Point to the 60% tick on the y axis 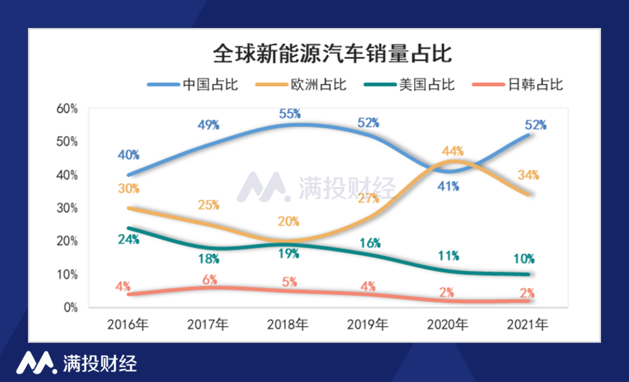tap(67, 108)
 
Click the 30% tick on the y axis tap(67, 208)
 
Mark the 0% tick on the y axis tap(70, 307)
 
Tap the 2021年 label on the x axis tap(527, 325)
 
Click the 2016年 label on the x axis tap(128, 325)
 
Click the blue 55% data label tap(289, 114)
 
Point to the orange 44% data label tap(453, 151)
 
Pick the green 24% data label tap(128, 239)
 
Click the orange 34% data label tap(528, 174)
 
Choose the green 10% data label tap(524, 259)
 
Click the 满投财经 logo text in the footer tap(100, 363)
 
